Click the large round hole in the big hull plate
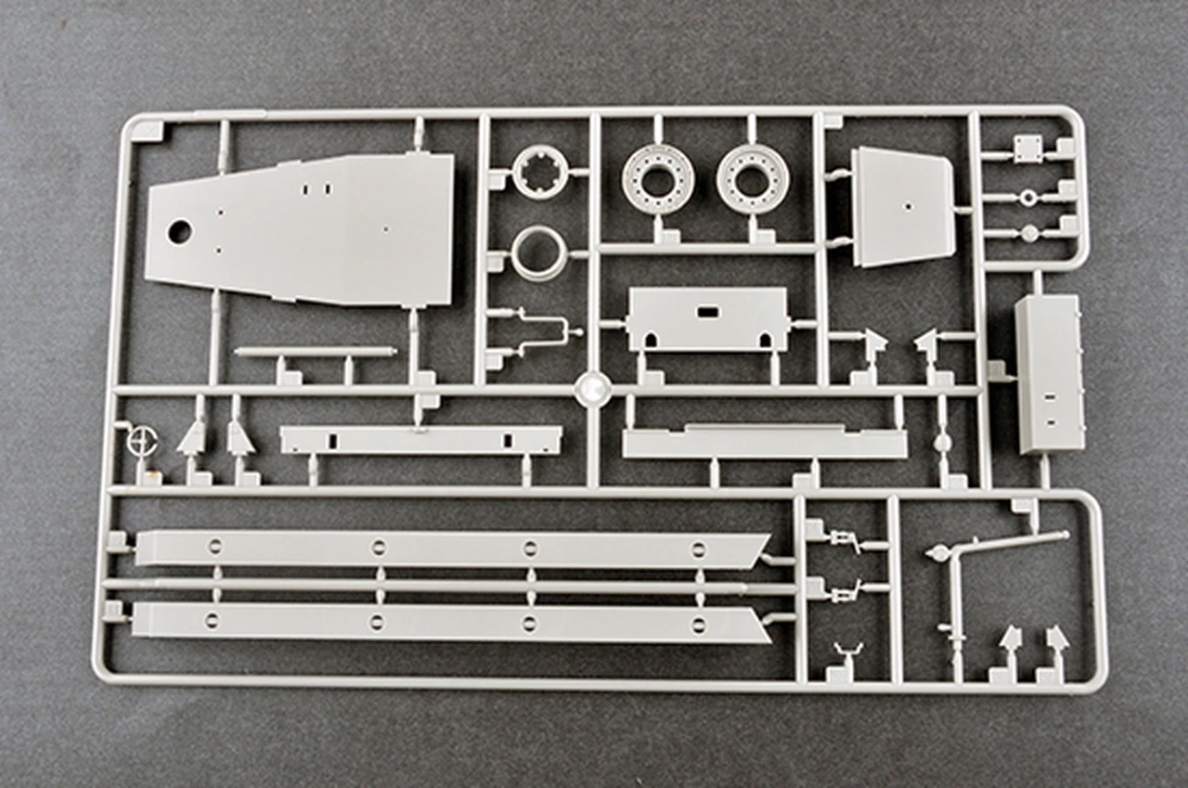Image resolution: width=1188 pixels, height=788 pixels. coord(178,232)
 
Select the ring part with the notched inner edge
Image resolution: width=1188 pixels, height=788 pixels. coord(539,173)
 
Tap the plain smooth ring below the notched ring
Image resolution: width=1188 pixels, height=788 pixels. coord(539,252)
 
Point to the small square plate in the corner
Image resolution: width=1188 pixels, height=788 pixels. coord(1027,148)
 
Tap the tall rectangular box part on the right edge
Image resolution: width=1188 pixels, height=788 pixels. coord(1049,373)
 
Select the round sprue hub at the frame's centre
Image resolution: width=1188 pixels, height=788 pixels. coord(590,388)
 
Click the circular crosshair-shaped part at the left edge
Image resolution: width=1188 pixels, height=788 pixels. coord(141,441)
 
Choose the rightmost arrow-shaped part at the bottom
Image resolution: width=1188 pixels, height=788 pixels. coord(1056,639)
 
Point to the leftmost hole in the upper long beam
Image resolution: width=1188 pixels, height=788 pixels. coord(214,546)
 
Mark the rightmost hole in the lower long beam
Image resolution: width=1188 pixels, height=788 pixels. coord(697,623)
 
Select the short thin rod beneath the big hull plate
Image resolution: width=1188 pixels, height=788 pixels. coord(316,352)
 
